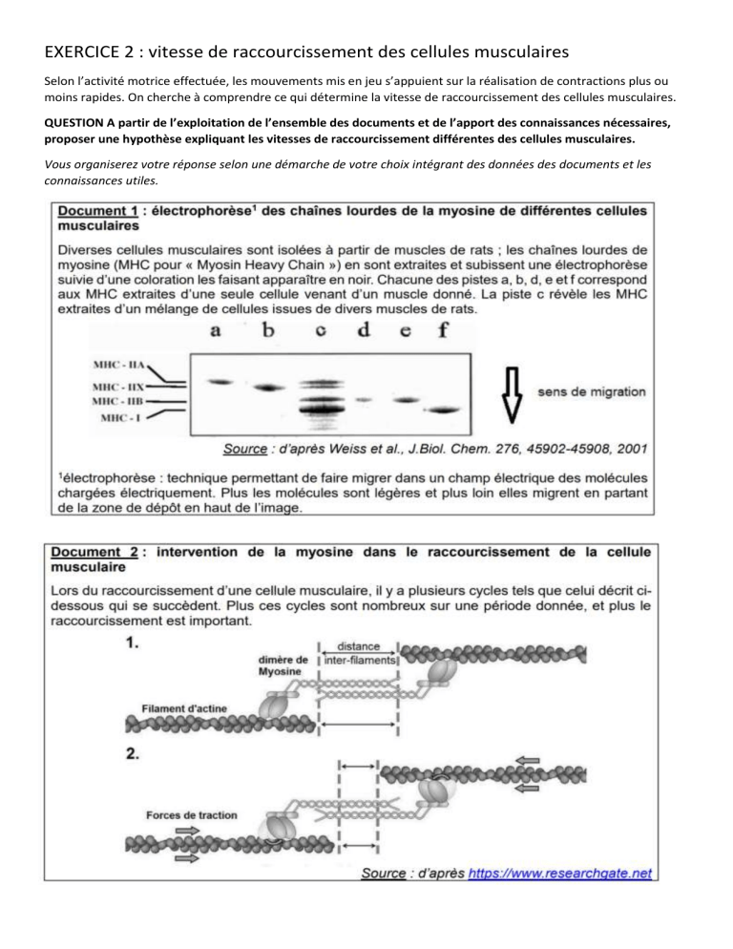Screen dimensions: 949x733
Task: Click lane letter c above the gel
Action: point(321,332)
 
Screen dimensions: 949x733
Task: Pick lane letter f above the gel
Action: point(440,332)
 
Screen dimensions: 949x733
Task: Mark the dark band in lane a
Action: point(220,382)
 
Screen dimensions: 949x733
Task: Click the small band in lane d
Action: point(363,398)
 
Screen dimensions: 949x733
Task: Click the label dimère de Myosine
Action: point(280,663)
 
